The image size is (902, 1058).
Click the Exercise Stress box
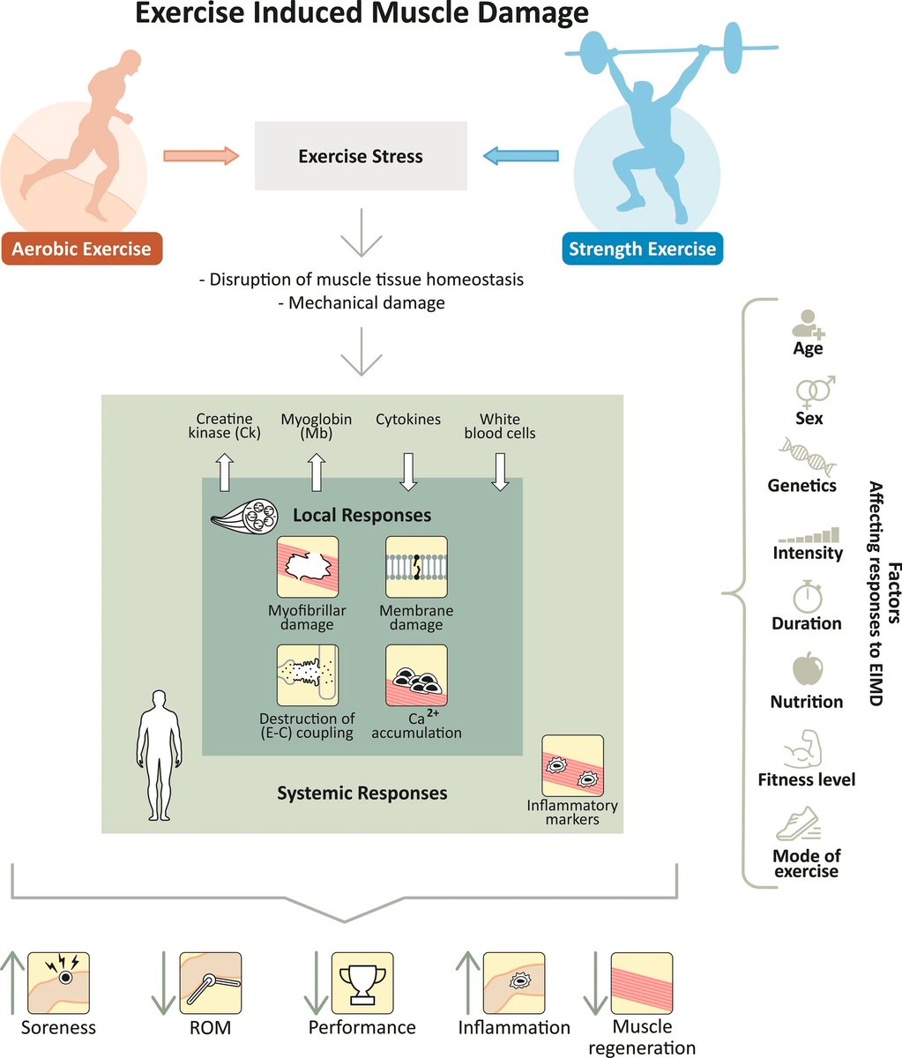coord(361,156)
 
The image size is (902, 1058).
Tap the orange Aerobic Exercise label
coord(81,249)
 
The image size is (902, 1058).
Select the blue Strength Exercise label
coord(642,249)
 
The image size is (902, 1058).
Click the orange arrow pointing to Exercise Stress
coord(201,156)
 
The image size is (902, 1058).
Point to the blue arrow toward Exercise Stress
coord(520,156)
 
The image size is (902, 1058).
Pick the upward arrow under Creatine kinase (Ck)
coord(224,472)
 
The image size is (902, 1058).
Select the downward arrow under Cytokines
coord(407,472)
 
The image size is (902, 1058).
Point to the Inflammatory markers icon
coord(572,765)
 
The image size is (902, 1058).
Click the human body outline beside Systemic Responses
coord(159,756)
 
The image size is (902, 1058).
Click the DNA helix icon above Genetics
coord(802,456)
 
